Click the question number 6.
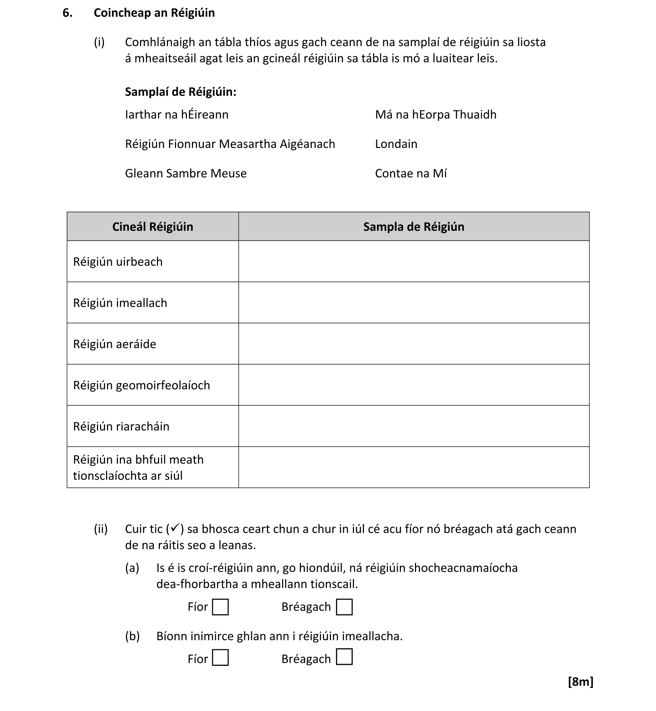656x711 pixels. tap(67, 13)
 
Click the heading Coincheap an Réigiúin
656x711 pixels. tap(154, 13)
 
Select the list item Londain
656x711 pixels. tap(396, 144)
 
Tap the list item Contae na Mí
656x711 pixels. tap(411, 174)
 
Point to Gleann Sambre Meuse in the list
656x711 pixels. tap(185, 174)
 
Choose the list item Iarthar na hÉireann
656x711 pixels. tap(176, 115)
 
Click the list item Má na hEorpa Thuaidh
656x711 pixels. tap(436, 115)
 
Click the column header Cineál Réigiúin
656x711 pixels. tap(153, 227)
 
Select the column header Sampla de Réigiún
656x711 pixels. tap(414, 227)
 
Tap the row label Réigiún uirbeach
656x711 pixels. tap(118, 262)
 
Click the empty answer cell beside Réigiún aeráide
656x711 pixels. tap(414, 344)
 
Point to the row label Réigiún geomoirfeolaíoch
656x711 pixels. tap(141, 385)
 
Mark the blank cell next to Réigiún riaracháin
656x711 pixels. tap(414, 426)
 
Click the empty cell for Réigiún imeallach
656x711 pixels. tap(414, 303)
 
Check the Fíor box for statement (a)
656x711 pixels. tap(220, 607)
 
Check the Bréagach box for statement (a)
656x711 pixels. tap(344, 607)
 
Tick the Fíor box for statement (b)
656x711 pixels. tap(220, 658)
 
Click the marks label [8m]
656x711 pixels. tap(580, 682)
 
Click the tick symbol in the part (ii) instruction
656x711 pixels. tap(175, 528)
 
